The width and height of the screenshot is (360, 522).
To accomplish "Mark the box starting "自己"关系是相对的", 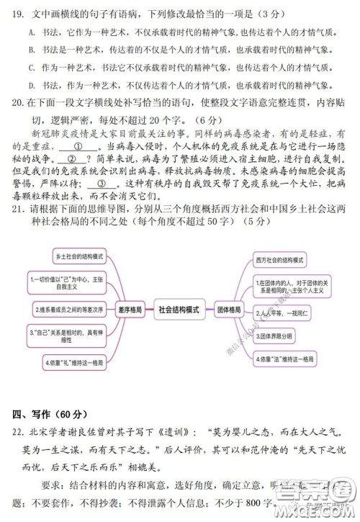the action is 62,334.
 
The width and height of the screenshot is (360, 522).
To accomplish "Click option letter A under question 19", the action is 32,32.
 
